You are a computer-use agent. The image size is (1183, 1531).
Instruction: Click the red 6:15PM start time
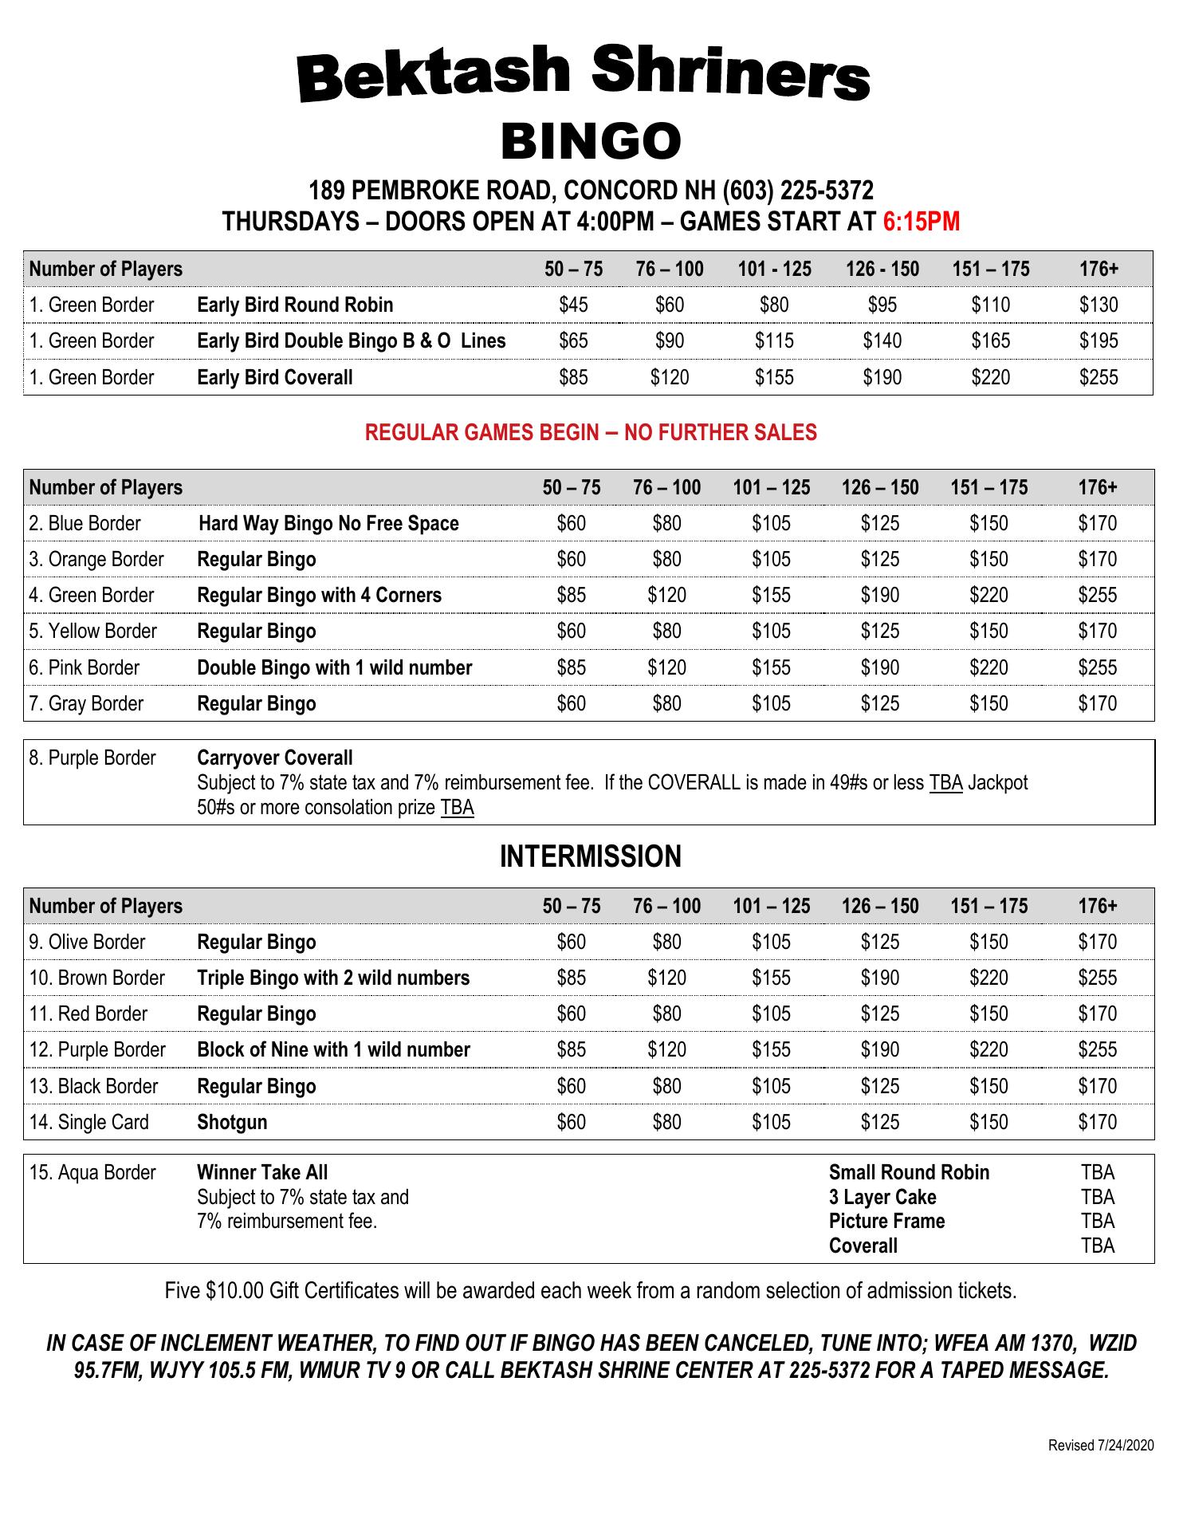(x=921, y=222)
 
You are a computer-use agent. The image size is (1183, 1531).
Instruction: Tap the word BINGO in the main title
(x=591, y=142)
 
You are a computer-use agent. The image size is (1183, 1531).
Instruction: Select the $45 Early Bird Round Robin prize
(x=573, y=305)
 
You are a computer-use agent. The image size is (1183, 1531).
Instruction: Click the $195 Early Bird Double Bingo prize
(x=1098, y=341)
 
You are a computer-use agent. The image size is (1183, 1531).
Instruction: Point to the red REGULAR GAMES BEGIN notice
(x=591, y=432)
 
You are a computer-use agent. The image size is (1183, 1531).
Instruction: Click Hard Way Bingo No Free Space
(x=328, y=524)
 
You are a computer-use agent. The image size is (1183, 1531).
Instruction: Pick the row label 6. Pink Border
(x=84, y=667)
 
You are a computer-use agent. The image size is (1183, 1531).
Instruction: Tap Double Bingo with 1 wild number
(x=334, y=667)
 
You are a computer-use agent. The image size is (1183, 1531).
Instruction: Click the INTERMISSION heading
(x=591, y=856)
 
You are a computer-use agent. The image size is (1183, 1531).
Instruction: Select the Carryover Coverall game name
(x=274, y=758)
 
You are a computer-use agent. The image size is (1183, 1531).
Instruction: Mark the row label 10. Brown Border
(x=96, y=978)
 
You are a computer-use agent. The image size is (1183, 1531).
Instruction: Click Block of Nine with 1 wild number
(x=333, y=1050)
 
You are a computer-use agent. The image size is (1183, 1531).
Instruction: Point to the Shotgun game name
(x=232, y=1123)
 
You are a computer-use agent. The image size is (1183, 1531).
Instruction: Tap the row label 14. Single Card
(x=88, y=1123)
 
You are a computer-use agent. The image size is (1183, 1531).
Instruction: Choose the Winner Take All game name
(x=262, y=1172)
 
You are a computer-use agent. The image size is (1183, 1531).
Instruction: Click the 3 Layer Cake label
(x=882, y=1197)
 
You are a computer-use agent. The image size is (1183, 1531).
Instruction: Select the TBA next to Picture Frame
(x=1098, y=1222)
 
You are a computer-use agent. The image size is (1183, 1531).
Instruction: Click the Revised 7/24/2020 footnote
(x=1100, y=1446)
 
